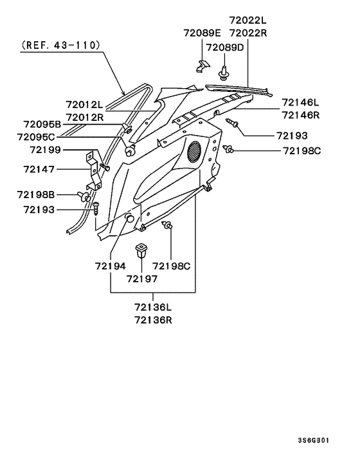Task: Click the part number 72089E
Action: [x=202, y=33]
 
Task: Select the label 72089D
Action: [x=225, y=48]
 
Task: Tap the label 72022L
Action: [x=248, y=21]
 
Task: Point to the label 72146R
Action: [x=300, y=115]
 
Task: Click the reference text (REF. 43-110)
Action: [x=61, y=45]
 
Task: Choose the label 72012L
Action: [x=84, y=105]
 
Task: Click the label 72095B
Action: [x=42, y=125]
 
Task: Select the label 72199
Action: [x=46, y=150]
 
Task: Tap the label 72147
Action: [x=39, y=169]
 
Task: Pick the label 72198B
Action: [x=36, y=195]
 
